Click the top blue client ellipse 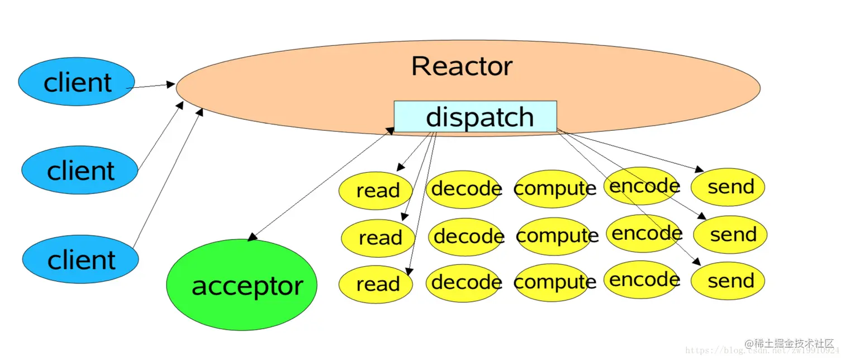(77, 82)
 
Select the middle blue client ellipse (79, 170)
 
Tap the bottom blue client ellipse (80, 259)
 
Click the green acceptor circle (241, 285)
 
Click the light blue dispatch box (476, 116)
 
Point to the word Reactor (462, 66)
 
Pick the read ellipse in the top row (376, 191)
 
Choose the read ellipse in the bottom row (376, 283)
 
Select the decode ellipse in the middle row (467, 236)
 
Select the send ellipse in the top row (728, 187)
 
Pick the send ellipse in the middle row (730, 235)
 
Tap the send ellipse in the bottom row (728, 281)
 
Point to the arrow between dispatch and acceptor (321, 184)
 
